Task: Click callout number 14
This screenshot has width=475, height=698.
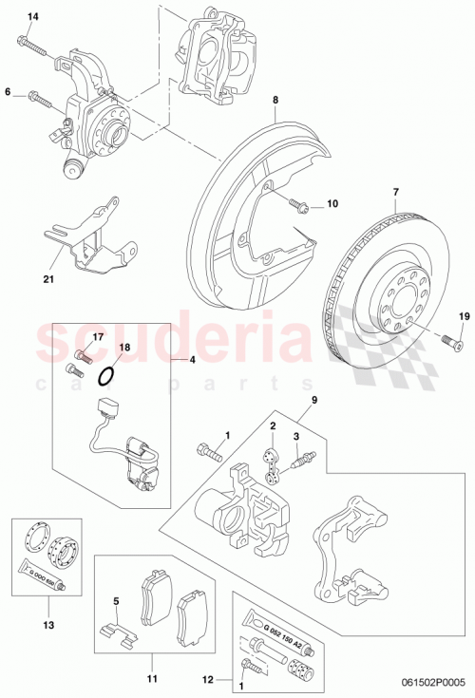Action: coord(33,18)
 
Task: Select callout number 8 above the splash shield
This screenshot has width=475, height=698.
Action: coord(275,100)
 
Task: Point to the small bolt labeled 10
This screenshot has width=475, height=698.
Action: coord(297,203)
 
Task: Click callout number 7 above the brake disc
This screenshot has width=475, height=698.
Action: coord(395,193)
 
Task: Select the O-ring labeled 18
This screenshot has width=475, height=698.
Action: coord(107,377)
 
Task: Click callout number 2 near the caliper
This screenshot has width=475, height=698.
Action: coord(272,427)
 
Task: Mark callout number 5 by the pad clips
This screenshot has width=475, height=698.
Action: coord(115,601)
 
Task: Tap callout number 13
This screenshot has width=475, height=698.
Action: coord(48,625)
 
